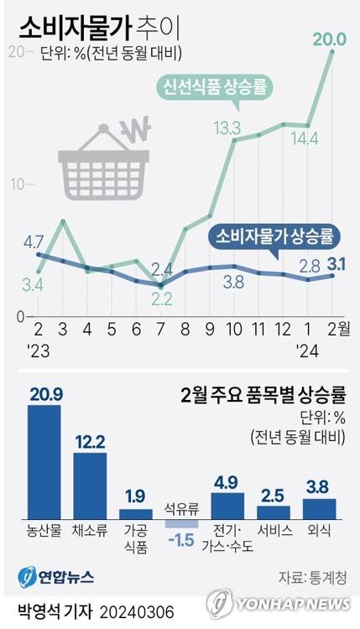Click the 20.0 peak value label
pos(329,39)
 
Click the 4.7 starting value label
pos(33,242)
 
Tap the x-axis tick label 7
pos(161,325)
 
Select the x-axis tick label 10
pos(234,325)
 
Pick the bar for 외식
pos(318,508)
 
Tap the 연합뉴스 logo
pos(55,577)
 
